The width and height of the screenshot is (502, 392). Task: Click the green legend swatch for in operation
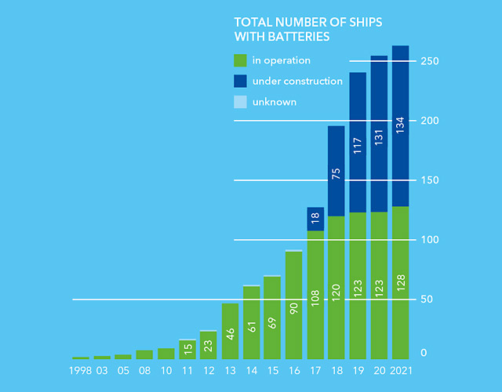[241, 60]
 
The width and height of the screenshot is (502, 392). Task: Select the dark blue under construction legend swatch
[241, 81]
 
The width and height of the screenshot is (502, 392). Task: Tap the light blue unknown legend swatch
[241, 101]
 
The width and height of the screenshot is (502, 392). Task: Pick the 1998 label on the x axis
[81, 369]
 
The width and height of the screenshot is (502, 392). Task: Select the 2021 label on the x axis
[400, 369]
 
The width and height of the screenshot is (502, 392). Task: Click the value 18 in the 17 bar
[315, 220]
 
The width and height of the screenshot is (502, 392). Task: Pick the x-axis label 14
[251, 369]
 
